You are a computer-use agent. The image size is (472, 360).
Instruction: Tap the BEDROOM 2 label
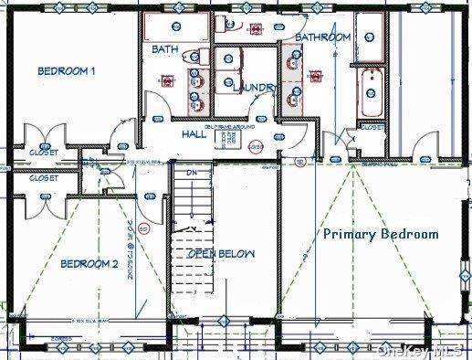pyautogui.click(x=89, y=264)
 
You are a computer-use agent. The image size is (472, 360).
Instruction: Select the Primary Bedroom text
pyautogui.click(x=381, y=234)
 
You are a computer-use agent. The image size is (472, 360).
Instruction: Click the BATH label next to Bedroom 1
pyautogui.click(x=165, y=48)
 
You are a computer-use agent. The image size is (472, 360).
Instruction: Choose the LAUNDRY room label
pyautogui.click(x=254, y=88)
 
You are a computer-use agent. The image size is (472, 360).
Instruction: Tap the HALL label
pyautogui.click(x=194, y=133)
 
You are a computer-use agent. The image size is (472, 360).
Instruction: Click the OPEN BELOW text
pyautogui.click(x=222, y=253)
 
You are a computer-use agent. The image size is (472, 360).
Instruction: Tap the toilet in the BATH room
pyautogui.click(x=194, y=58)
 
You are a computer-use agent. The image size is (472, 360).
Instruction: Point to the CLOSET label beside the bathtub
pyautogui.click(x=372, y=129)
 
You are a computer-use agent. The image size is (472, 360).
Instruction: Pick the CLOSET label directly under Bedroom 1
pyautogui.click(x=43, y=152)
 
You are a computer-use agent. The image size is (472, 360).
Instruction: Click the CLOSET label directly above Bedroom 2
pyautogui.click(x=43, y=178)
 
